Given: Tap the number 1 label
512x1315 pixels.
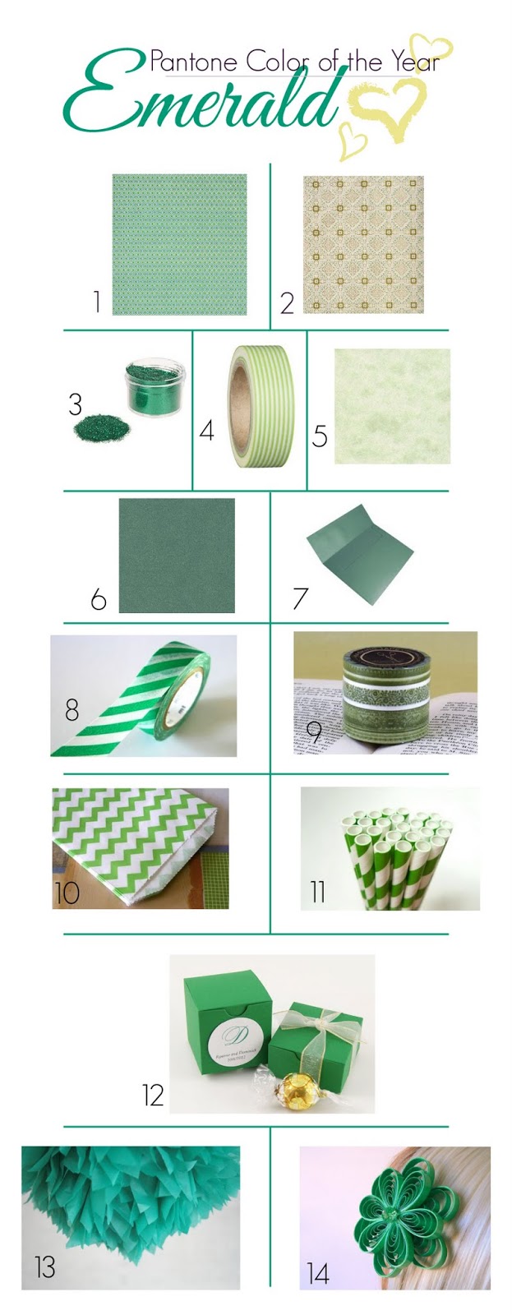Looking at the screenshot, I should click(96, 302).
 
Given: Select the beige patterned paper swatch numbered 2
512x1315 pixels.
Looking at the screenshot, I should click(363, 244).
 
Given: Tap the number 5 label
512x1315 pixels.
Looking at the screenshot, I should click(320, 435).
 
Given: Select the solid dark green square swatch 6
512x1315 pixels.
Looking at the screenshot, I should click(177, 555).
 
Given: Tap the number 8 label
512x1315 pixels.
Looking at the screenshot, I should click(72, 708).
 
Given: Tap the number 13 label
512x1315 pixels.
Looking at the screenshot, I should click(44, 1267).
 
